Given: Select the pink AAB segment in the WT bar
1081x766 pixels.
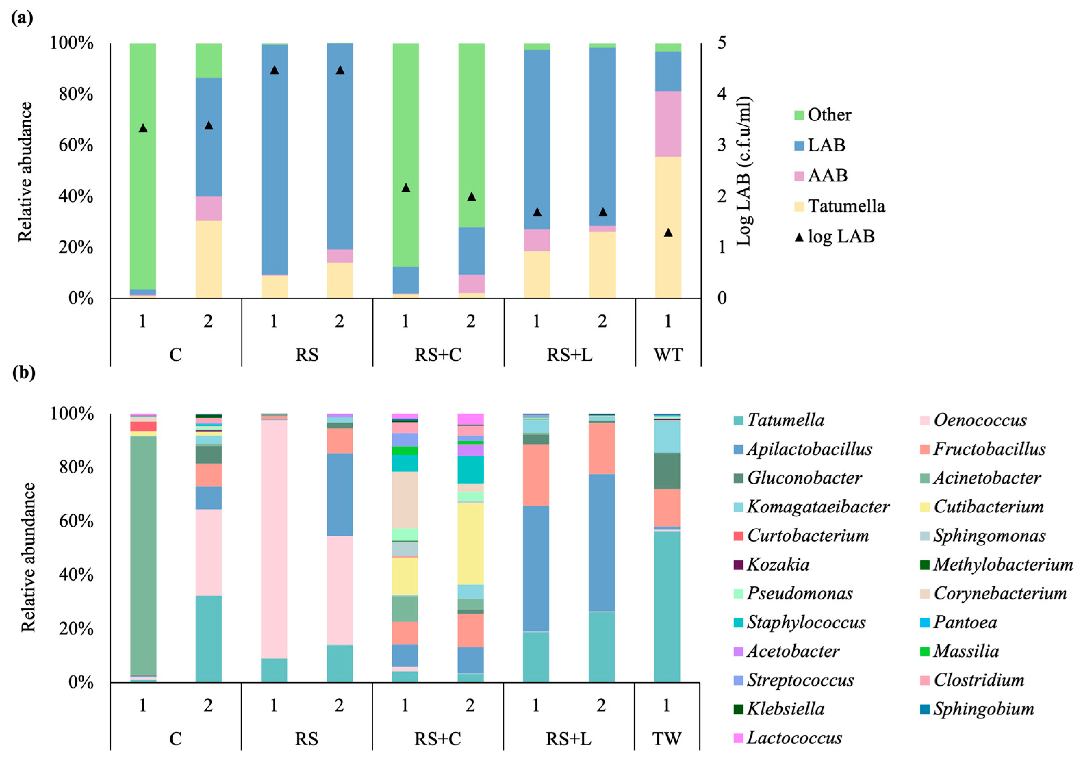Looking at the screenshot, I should click(668, 124).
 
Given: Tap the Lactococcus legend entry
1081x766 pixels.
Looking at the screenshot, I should click(794, 738).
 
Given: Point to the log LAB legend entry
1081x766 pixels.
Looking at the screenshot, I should click(840, 236).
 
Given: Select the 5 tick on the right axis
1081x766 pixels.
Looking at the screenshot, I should click(722, 42).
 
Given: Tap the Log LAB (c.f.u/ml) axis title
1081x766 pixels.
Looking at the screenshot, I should click(744, 171).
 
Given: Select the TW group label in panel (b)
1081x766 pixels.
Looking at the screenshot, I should click(666, 739).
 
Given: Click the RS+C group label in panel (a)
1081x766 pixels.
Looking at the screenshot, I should click(438, 355).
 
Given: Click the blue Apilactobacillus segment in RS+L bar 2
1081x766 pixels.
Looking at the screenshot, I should click(602, 542).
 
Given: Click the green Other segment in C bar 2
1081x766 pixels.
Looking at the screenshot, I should click(208, 60).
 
